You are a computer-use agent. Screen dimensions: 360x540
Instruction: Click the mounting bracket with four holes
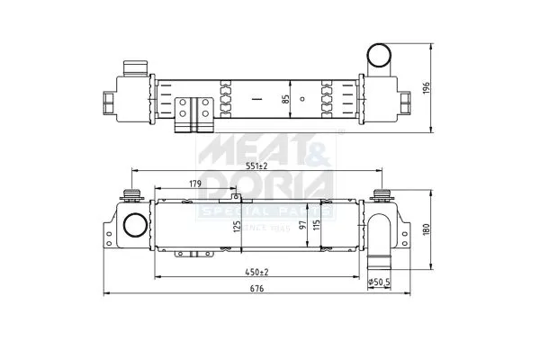click(193, 112)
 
